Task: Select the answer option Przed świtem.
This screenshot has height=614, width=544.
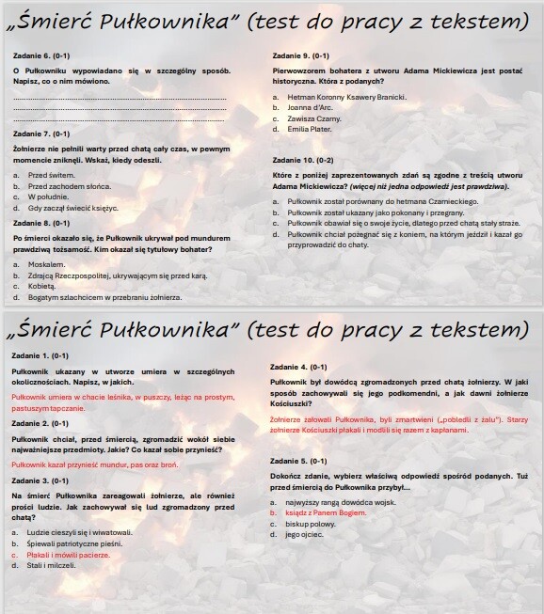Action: point(51,175)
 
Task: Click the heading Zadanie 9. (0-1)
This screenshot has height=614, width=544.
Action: point(300,55)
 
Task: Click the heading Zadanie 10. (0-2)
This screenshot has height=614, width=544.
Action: point(302,160)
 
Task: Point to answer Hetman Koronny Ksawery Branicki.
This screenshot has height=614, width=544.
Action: point(346,97)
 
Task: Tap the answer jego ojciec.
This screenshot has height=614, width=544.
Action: point(305,534)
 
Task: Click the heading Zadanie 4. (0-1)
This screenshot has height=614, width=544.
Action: point(299,367)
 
